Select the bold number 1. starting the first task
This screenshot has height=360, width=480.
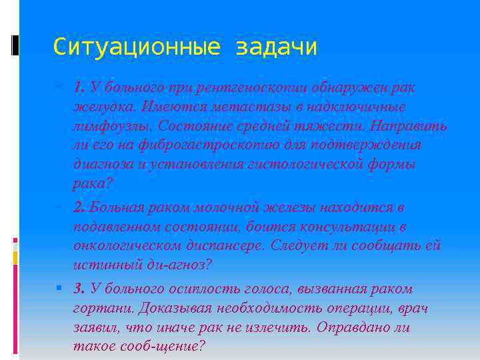pos(79,87)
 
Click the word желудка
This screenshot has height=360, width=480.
pos(103,107)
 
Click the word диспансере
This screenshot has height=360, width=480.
pos(227,245)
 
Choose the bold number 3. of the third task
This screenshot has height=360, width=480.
pos(79,289)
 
